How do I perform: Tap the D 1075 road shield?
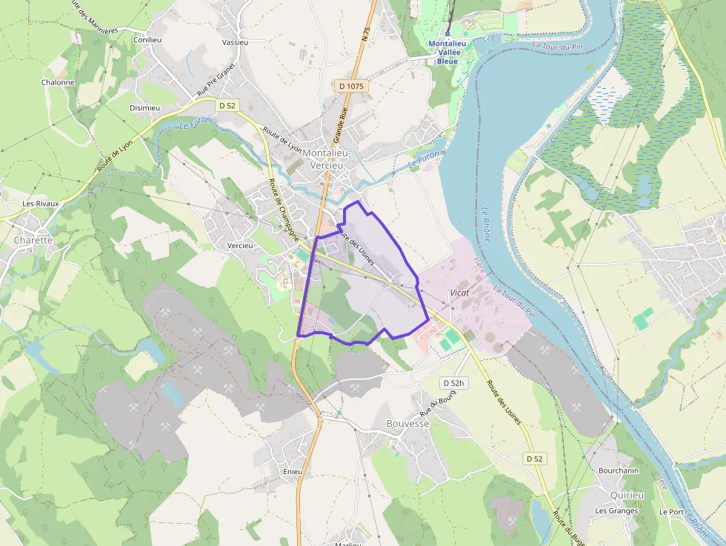coord(353,87)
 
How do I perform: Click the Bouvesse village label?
coord(407,424)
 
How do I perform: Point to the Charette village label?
coord(33,240)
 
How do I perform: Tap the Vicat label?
coord(459,293)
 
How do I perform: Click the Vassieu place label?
coord(235,42)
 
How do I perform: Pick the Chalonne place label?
coord(58,82)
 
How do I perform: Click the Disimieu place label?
coord(144,107)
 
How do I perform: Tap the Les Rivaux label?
coord(40,204)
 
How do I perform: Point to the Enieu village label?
coord(293,471)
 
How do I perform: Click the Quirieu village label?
coord(627,495)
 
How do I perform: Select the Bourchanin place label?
coord(618,470)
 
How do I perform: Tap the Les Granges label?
coord(616,511)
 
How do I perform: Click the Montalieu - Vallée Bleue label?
coord(453,52)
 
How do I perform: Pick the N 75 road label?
coord(365,33)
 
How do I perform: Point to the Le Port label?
coord(671,512)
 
